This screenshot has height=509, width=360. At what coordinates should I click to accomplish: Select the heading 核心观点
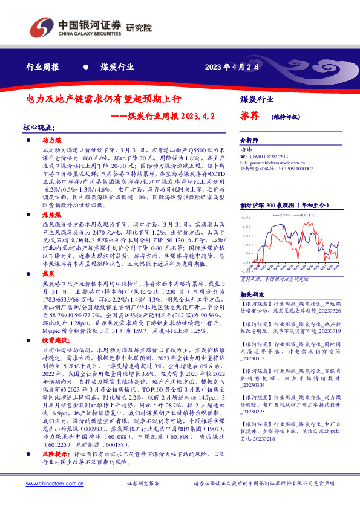(39, 128)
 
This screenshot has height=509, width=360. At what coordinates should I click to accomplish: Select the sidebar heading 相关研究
(252, 294)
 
